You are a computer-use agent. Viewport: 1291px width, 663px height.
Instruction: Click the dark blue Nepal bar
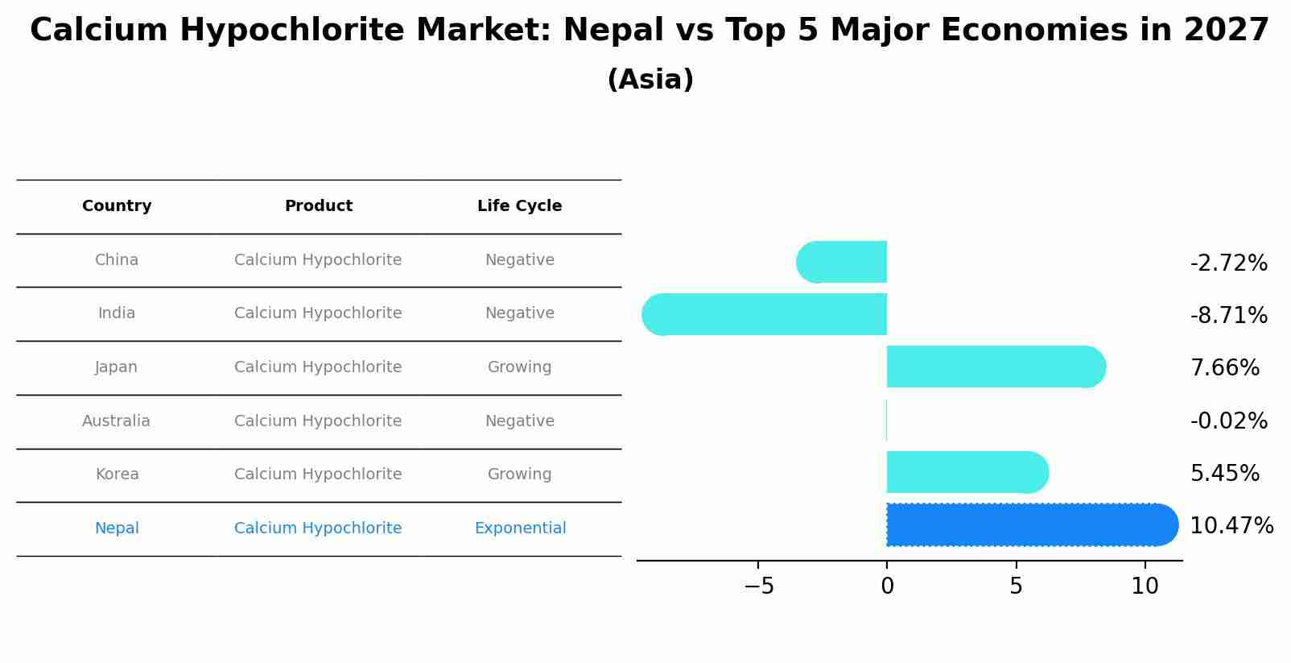(x=1030, y=524)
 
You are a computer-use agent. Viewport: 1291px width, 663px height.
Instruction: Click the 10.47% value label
(x=1231, y=526)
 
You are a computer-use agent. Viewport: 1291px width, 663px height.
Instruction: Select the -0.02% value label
(x=1228, y=421)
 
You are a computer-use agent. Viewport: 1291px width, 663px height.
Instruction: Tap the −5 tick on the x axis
(x=758, y=586)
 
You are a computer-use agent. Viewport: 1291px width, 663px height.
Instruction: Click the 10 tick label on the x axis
(x=1145, y=586)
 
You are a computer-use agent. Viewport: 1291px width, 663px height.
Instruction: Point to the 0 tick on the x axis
(x=887, y=586)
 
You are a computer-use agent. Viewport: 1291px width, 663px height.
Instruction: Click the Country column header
(x=117, y=206)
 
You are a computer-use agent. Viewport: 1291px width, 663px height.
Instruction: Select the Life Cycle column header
(x=519, y=206)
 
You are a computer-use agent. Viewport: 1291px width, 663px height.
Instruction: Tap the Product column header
(x=318, y=206)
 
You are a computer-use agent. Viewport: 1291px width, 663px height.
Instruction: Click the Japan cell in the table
(x=117, y=367)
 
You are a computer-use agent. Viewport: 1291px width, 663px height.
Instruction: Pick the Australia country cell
(x=116, y=421)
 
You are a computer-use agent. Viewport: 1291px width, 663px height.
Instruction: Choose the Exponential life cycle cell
(x=520, y=528)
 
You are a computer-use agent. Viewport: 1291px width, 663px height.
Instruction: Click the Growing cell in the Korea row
(x=519, y=474)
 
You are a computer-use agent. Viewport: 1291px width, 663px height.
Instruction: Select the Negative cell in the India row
(x=519, y=313)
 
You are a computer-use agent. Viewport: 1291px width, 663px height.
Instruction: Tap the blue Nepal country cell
(x=117, y=528)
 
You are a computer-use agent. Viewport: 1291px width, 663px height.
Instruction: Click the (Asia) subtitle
(x=650, y=80)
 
